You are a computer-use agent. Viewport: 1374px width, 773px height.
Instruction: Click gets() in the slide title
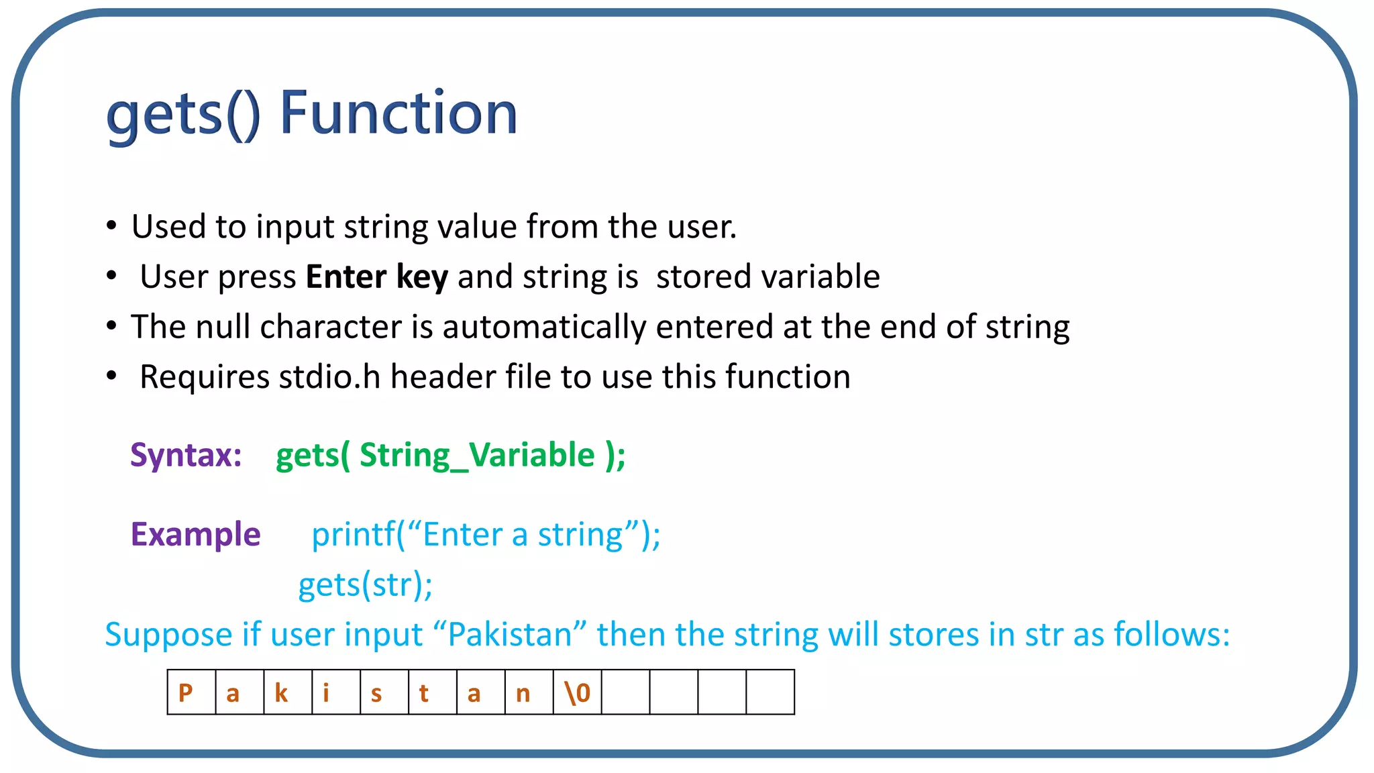tap(182, 114)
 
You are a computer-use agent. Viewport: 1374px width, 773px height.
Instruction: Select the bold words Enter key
tap(376, 276)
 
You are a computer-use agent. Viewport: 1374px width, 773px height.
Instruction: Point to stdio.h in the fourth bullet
tap(329, 376)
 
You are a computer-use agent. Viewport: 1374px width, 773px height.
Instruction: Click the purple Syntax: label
tap(186, 455)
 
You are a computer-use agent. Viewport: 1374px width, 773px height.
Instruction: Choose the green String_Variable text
tap(477, 456)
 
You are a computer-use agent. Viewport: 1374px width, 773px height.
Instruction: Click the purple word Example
tap(195, 535)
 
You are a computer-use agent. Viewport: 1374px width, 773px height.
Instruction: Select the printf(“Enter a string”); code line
tap(486, 535)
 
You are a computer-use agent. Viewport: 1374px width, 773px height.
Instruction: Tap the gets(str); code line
tap(365, 584)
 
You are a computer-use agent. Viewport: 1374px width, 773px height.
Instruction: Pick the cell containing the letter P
tap(191, 692)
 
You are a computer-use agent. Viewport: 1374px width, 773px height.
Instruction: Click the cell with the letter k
tap(288, 692)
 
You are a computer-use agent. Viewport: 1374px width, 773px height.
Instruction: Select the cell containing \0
tap(577, 692)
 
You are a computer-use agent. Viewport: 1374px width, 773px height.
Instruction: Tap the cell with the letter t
tap(432, 692)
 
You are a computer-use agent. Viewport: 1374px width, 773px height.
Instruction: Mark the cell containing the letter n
tap(529, 692)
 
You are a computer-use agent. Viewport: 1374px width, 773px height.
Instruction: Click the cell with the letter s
tap(384, 692)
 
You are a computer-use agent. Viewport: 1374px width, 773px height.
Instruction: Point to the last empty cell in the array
tap(770, 692)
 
